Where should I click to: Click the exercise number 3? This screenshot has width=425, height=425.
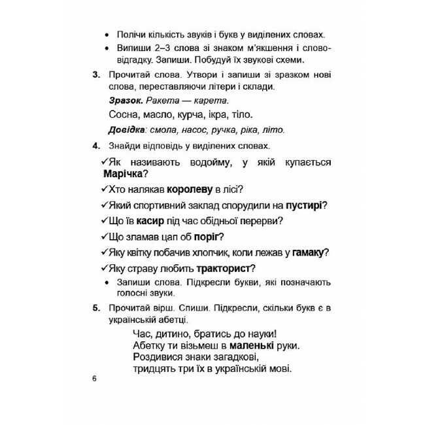click(x=95, y=75)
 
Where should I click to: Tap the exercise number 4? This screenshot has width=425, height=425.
click(x=95, y=145)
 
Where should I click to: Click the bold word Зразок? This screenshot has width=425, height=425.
click(x=125, y=100)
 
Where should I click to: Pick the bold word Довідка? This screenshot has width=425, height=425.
click(x=126, y=129)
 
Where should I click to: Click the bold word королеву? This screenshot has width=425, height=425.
click(x=190, y=190)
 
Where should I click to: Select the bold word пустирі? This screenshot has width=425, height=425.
click(x=305, y=205)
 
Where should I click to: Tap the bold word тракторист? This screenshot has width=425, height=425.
click(x=224, y=268)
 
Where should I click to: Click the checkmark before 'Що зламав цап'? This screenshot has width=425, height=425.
click(x=105, y=237)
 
